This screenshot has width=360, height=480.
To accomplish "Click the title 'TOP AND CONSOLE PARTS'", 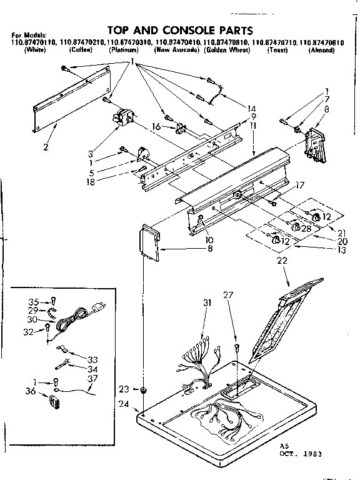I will tap(181, 29).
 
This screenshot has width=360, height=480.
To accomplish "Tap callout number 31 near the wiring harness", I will tap(207, 303).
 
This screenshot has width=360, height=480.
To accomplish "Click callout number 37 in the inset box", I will tap(92, 379).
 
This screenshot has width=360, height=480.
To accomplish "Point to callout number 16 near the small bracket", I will tap(157, 127).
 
